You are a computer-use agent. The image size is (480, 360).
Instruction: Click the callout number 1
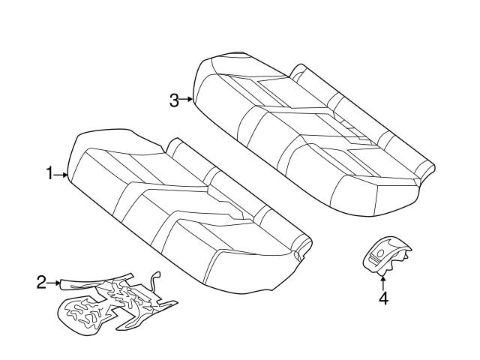coord(49,173)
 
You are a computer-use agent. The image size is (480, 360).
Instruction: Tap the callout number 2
coord(41,282)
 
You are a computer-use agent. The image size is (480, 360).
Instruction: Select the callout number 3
coord(174,100)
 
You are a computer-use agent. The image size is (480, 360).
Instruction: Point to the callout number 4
coord(383,298)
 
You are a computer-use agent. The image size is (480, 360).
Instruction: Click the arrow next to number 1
coord(61,175)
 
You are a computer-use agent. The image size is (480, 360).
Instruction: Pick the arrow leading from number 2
coord(53,283)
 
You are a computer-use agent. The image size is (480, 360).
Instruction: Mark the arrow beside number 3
coord(186,99)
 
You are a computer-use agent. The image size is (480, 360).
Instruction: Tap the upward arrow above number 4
coord(382,283)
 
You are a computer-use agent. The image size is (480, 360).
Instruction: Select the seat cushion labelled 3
coord(312,135)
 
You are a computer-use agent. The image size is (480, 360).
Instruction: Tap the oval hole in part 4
coord(381,253)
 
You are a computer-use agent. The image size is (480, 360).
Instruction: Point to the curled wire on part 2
coord(154,280)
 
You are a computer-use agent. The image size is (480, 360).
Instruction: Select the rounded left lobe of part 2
coord(80,315)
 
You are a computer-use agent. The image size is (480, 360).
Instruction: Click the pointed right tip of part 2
coord(176,303)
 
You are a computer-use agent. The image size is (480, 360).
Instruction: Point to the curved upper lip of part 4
coord(395,241)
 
